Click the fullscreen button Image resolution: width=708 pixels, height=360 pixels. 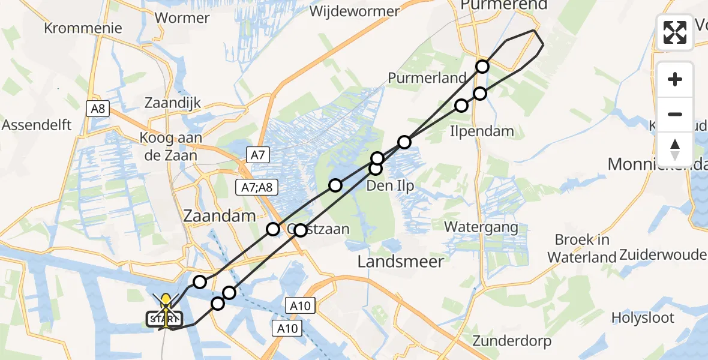675,32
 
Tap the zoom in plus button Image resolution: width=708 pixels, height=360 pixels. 675,79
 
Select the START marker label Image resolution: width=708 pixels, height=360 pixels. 163,319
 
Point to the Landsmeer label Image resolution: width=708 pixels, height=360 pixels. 400,261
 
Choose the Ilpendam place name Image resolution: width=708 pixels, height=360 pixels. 481,131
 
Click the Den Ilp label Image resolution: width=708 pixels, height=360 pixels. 390,185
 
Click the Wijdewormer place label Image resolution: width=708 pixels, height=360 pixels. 355,11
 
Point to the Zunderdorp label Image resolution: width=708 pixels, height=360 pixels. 512,341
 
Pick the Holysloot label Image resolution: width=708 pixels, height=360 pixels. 643,317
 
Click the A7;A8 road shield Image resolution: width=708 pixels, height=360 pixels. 257,187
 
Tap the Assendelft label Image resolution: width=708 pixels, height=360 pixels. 37,125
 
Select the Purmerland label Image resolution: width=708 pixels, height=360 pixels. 427,78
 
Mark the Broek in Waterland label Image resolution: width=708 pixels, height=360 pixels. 582,248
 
